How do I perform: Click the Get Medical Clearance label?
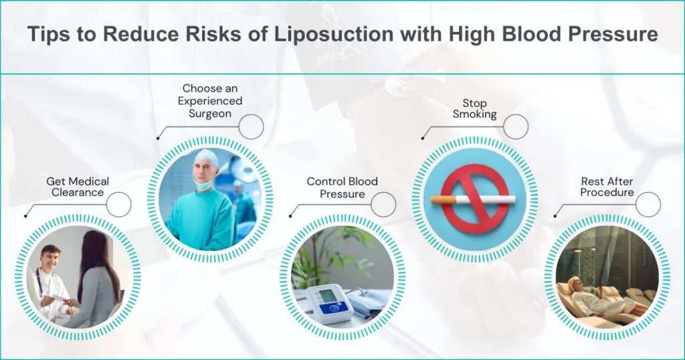pyautogui.click(x=78, y=187)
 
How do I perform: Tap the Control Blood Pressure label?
pyautogui.click(x=342, y=187)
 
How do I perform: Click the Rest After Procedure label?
pyautogui.click(x=607, y=187)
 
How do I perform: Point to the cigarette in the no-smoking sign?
pyautogui.click(x=473, y=199)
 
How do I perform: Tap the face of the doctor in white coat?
pyautogui.click(x=50, y=259)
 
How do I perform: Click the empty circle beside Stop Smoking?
pyautogui.click(x=515, y=126)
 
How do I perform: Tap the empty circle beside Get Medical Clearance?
pyautogui.click(x=118, y=204)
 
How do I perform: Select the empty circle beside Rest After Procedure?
pyautogui.click(x=648, y=204)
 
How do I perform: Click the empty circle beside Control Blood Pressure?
pyautogui.click(x=383, y=204)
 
